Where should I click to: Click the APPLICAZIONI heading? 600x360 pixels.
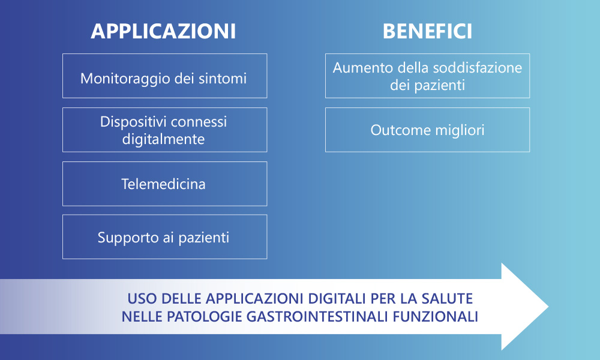163,31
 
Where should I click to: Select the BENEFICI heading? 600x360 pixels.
427,31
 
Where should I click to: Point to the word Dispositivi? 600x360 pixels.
133,122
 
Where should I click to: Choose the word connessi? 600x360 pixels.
199,122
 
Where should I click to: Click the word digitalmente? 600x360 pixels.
163,139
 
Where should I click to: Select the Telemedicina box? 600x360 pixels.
165,184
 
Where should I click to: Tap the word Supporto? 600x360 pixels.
128,238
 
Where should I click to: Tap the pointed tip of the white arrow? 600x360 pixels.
548,307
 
